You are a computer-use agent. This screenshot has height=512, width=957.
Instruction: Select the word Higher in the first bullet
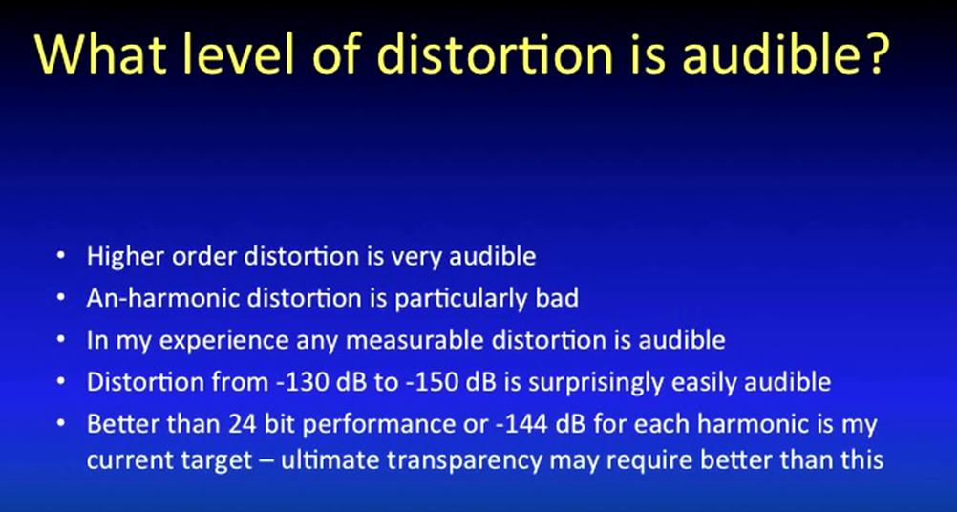[x=125, y=257]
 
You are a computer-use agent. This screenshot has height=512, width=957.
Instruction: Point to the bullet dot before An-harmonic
[x=60, y=298]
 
